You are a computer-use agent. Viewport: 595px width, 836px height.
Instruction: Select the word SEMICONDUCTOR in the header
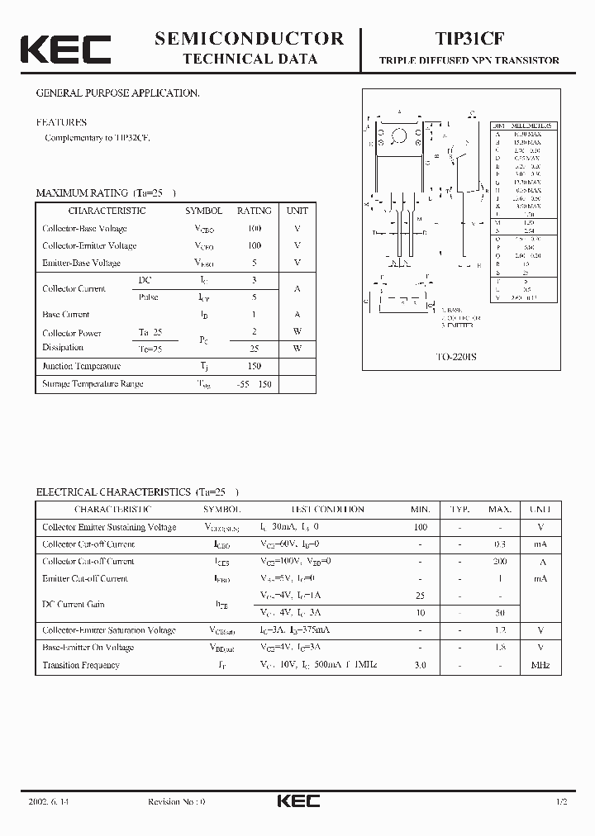click(x=249, y=38)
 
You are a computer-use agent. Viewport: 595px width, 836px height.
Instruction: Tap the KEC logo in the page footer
click(x=297, y=801)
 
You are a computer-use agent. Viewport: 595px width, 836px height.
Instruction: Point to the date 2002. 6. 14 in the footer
click(x=49, y=802)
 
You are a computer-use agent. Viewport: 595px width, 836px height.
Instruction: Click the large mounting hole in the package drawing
click(x=400, y=135)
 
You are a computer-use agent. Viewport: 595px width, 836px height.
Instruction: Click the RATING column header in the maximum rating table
click(x=254, y=211)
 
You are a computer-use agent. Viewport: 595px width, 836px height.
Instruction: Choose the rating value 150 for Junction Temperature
click(x=254, y=366)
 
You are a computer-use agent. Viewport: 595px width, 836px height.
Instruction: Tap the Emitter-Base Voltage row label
click(x=81, y=263)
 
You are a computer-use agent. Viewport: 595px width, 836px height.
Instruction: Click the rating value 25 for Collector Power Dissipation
click(x=254, y=349)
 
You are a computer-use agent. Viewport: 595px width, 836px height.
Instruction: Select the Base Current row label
click(x=66, y=315)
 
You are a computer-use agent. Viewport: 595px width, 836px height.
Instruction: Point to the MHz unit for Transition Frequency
click(x=540, y=665)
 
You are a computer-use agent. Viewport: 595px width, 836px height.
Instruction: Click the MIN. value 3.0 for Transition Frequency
click(x=420, y=665)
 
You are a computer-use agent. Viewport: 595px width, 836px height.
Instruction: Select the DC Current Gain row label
click(x=74, y=605)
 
